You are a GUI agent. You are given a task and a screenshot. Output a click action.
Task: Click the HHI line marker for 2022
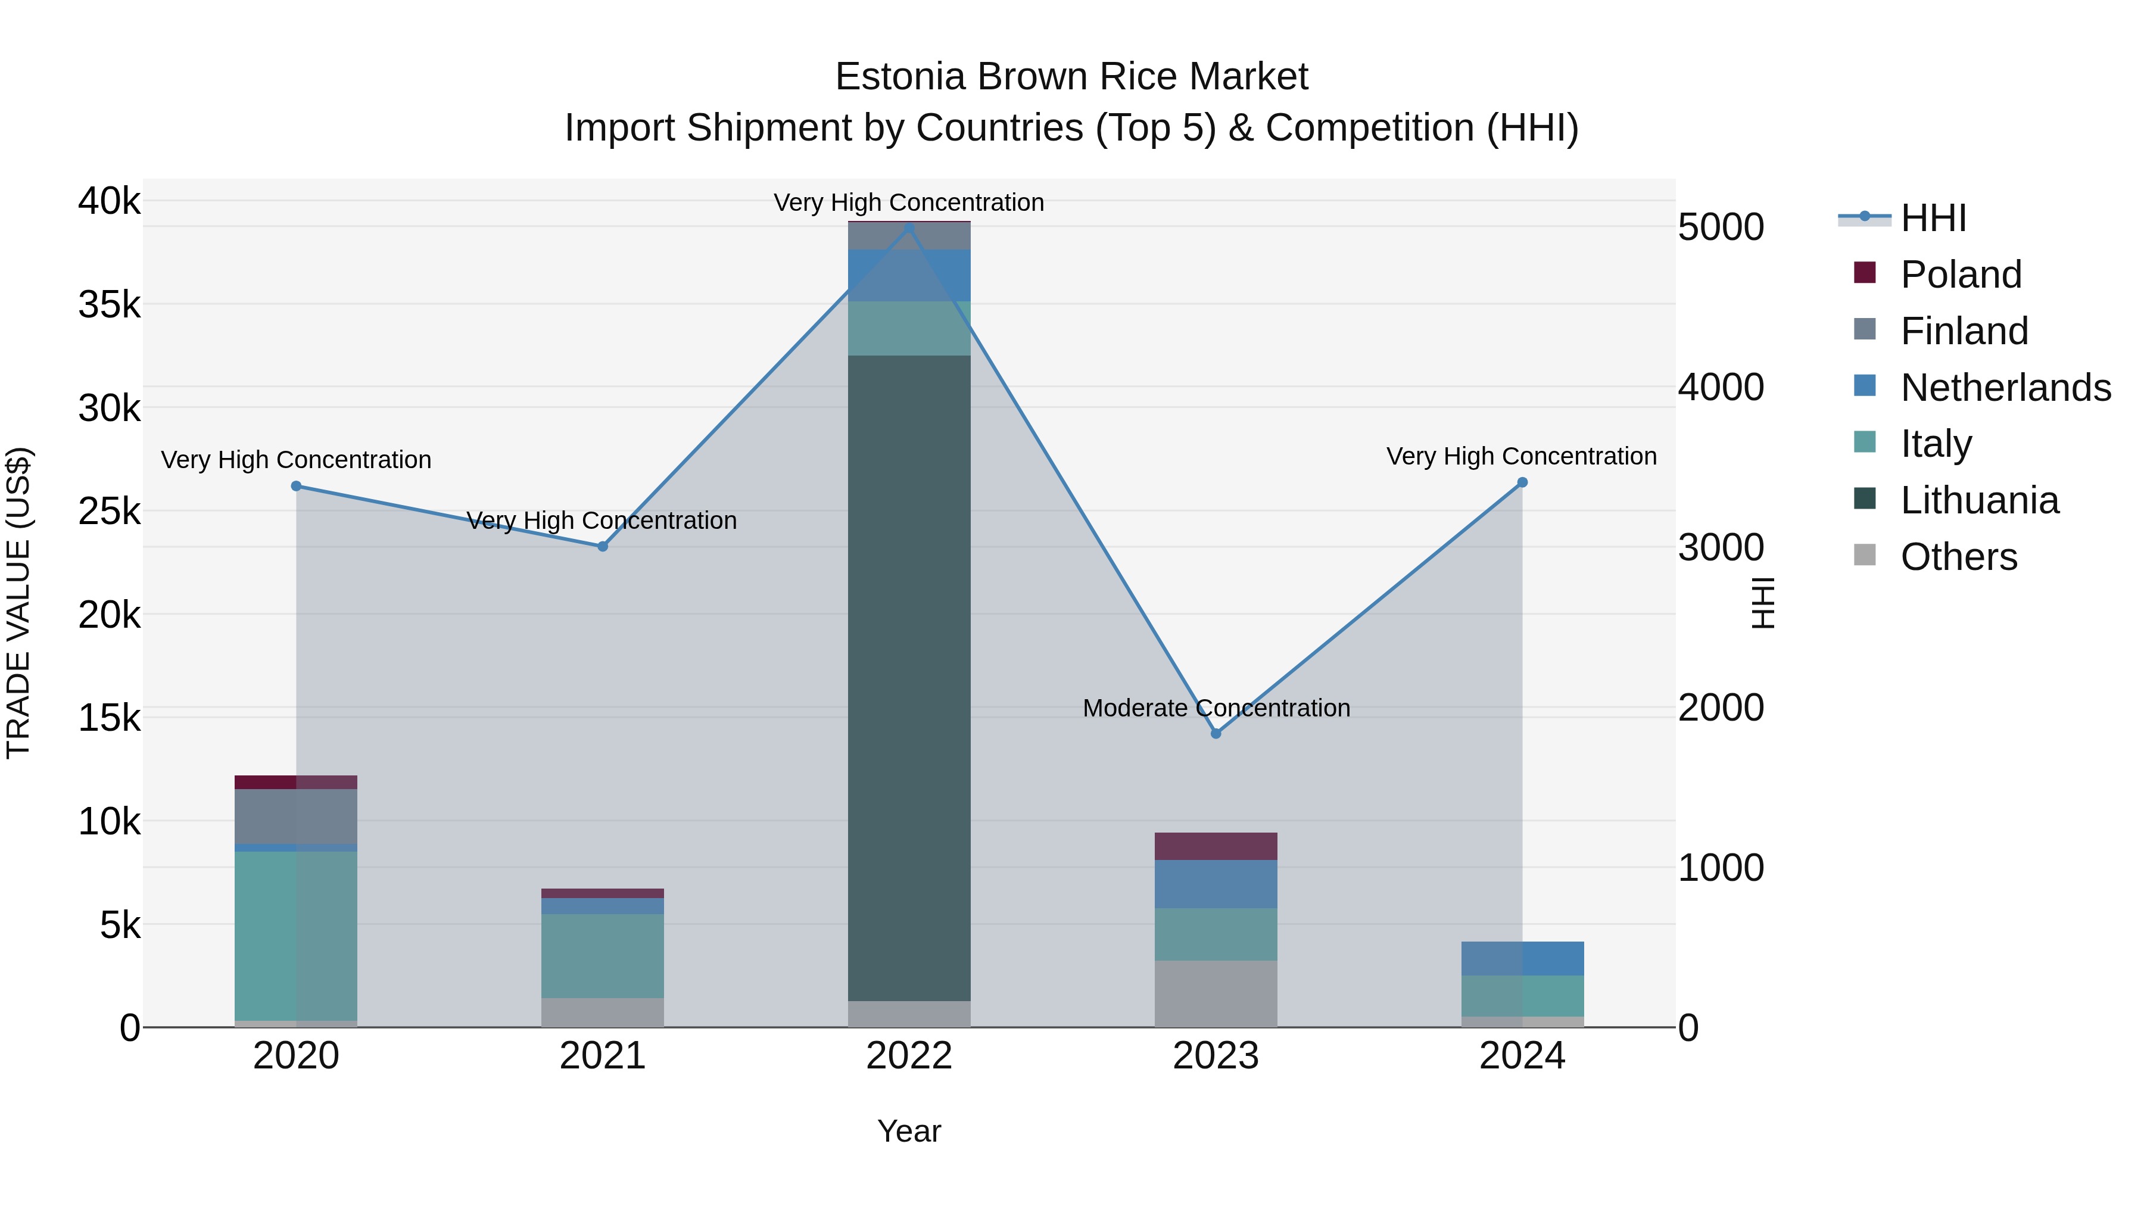909,228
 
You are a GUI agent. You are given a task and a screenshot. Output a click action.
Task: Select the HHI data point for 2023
1216,733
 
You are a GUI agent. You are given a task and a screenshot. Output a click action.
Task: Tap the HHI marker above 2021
603,546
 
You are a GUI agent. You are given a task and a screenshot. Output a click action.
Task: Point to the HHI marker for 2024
1522,482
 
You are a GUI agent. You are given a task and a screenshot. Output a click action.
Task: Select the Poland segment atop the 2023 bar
1216,846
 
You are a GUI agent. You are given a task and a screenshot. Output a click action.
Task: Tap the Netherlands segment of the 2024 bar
1522,958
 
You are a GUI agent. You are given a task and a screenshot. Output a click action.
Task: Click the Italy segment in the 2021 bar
603,955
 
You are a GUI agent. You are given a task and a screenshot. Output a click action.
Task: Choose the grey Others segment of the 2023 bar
1216,994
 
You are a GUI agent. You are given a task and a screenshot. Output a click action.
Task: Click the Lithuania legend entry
1979,500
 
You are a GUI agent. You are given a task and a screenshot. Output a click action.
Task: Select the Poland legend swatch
1865,273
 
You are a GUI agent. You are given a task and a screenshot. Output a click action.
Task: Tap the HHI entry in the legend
1933,218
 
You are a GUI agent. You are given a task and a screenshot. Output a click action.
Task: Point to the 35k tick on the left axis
109,304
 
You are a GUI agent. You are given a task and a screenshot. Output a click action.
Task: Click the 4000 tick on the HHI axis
1721,387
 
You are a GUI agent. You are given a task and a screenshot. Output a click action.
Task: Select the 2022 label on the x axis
909,1056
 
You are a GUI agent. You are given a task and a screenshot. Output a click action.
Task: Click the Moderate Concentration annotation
1216,708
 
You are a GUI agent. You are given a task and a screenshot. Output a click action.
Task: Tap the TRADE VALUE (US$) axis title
18,603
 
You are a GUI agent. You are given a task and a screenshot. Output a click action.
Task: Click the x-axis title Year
909,1131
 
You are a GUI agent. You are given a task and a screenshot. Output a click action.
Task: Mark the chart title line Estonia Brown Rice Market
1071,77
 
